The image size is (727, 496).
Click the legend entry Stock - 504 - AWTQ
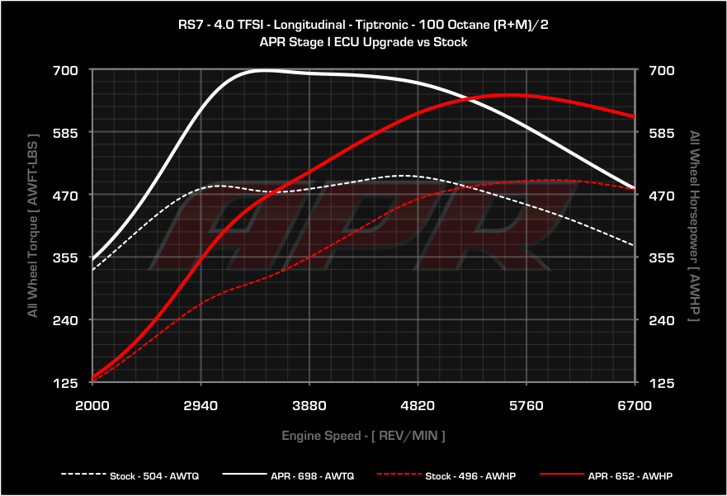130,475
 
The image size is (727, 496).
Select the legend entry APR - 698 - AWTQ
288,475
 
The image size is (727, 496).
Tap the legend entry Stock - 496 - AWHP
446,475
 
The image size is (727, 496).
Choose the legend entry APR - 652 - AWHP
606,475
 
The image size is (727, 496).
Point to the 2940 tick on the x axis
201,405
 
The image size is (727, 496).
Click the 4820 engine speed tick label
418,405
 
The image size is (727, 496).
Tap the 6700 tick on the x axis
635,405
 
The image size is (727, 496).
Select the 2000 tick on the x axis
92,405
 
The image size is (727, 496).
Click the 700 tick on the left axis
65,70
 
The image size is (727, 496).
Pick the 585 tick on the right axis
662,133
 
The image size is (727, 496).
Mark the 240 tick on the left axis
65,320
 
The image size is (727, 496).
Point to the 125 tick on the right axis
662,383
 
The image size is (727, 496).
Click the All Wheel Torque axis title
32,226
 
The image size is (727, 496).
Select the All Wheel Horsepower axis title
694,226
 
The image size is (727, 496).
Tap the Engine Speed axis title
363,436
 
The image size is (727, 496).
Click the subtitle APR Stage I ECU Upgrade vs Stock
363,42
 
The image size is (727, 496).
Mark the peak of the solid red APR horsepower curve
509,95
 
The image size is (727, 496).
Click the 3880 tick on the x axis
309,405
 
